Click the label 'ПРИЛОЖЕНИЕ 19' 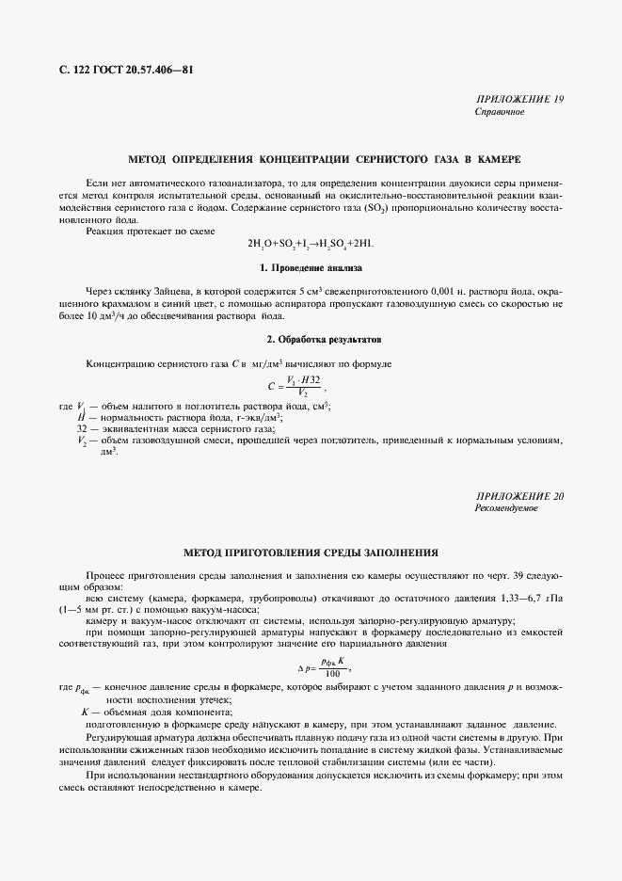coord(520,100)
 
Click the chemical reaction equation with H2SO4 coord(311,243)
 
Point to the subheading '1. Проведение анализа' coord(310,269)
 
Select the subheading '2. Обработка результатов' coord(310,337)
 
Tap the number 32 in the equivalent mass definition coord(82,428)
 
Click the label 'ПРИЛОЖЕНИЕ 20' coord(520,495)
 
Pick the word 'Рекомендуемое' coord(506,508)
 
